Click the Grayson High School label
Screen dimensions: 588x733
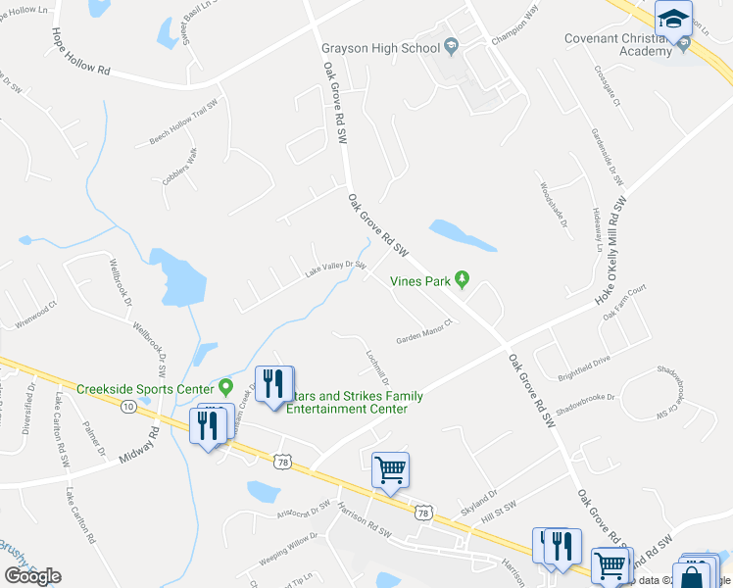tap(380, 48)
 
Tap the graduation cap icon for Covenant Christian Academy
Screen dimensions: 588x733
tap(674, 20)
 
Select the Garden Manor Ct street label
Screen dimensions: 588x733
tap(423, 332)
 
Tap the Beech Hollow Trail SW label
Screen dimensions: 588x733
tap(182, 123)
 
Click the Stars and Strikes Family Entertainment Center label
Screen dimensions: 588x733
tap(355, 402)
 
